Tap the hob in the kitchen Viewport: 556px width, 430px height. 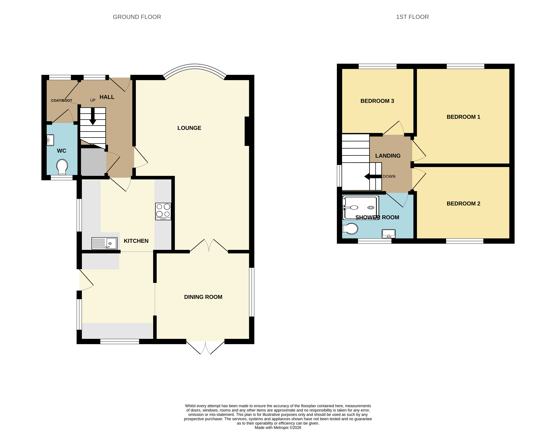(163, 211)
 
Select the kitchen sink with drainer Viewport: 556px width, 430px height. (104, 243)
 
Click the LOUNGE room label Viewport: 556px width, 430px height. (189, 128)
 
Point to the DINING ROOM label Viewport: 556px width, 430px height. (203, 297)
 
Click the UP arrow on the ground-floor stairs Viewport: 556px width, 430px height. (93, 117)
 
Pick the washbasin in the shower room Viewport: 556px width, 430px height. (388, 233)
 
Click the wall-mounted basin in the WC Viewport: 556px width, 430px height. (50, 140)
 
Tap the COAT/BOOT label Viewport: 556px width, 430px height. (62, 100)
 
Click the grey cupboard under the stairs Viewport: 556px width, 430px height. (93, 162)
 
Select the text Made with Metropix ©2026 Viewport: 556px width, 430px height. (278, 427)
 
